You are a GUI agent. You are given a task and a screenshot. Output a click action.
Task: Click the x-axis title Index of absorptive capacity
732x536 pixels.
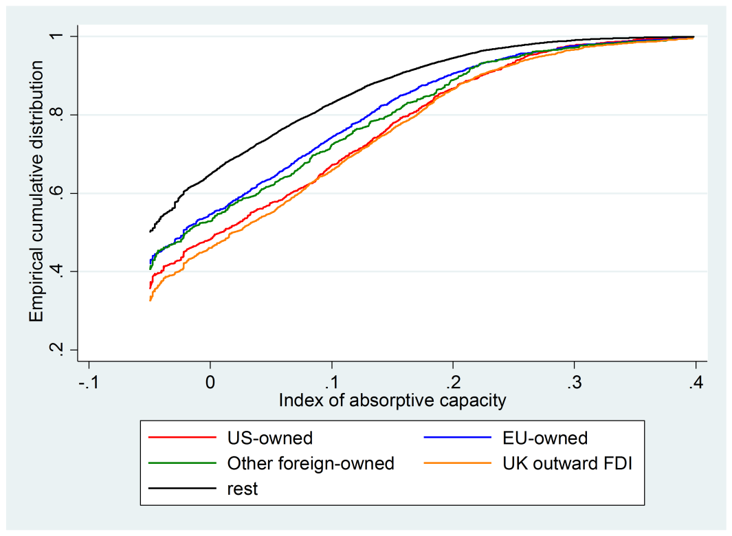point(392,401)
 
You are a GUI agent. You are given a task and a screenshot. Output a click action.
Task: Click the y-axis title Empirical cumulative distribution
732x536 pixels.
point(36,191)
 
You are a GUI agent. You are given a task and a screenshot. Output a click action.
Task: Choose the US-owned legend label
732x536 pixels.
point(269,438)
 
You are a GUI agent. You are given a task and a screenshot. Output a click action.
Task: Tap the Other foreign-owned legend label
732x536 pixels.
point(311,463)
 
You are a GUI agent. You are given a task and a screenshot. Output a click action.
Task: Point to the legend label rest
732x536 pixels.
point(243,489)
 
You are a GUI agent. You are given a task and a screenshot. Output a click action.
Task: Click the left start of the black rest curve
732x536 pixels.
point(150,232)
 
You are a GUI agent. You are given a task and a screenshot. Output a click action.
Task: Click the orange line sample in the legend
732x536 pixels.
point(457,463)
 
